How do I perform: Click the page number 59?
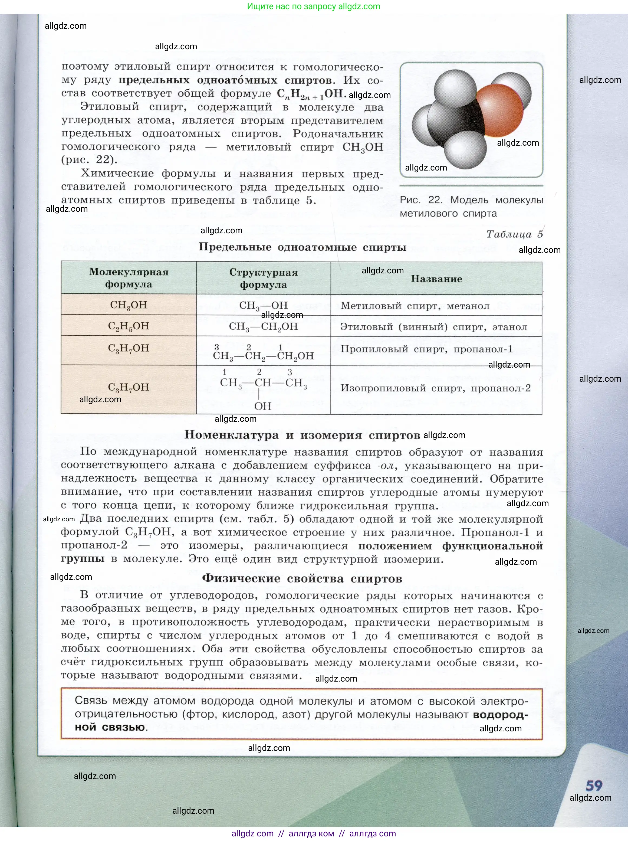[x=594, y=785]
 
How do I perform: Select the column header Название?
[x=436, y=279]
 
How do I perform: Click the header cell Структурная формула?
[x=264, y=278]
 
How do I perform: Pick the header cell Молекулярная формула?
[x=129, y=278]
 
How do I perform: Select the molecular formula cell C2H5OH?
[x=129, y=326]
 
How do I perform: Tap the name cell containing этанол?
[x=434, y=327]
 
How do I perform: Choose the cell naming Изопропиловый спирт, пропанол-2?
[x=436, y=388]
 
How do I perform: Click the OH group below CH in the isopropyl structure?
[x=263, y=406]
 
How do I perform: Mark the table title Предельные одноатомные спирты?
[x=303, y=247]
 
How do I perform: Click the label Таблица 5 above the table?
[x=515, y=234]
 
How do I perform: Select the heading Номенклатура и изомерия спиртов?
[x=302, y=435]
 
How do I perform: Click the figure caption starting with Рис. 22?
[x=471, y=207]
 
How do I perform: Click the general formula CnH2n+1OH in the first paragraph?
[x=310, y=94]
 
